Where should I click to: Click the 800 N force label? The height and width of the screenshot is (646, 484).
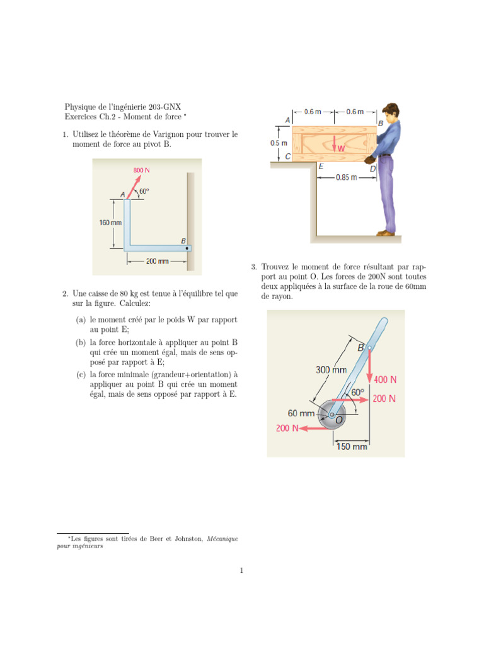pos(141,171)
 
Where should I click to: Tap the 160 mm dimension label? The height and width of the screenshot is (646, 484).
pos(110,223)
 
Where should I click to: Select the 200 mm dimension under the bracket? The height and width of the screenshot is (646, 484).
pos(157,261)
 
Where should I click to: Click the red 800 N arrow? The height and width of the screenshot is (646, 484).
pos(134,187)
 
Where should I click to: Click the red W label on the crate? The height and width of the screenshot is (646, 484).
pos(341,150)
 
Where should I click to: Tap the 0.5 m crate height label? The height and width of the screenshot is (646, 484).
pos(279,143)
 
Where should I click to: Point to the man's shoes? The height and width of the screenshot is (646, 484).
pos(386,233)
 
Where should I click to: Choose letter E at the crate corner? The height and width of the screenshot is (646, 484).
pos(321,167)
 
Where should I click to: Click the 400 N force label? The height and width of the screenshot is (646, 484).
pos(385,380)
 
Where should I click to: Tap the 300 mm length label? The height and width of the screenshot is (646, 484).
pos(331,370)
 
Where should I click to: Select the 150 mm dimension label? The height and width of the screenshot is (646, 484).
pos(351,447)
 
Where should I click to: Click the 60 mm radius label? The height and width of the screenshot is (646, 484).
pos(301,413)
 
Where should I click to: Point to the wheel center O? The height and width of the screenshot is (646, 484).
pos(332,415)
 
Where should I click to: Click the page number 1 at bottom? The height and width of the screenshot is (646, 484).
pos(241,571)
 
